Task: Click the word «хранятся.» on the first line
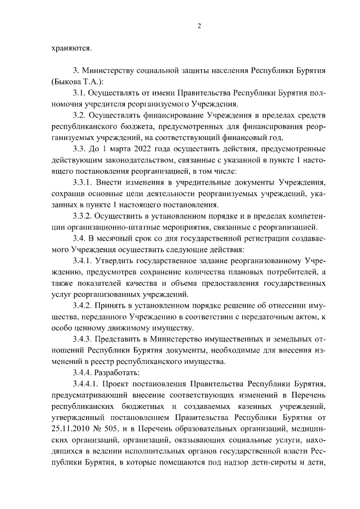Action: tap(70, 48)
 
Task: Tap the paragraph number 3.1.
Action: tap(82, 92)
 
